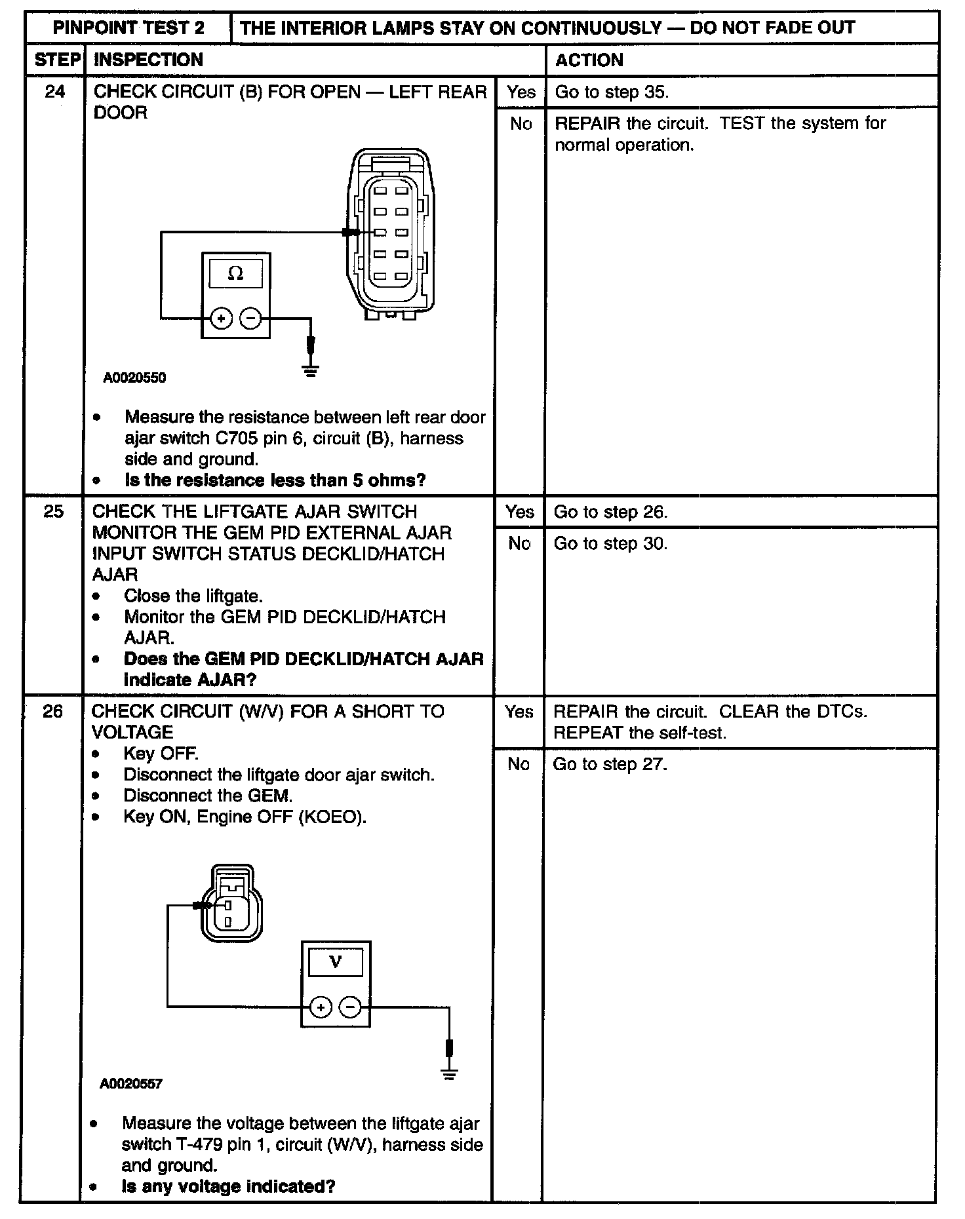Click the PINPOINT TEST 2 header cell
pyautogui.click(x=128, y=28)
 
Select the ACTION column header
pyautogui.click(x=589, y=60)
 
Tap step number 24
pyautogui.click(x=55, y=91)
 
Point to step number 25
pyautogui.click(x=54, y=511)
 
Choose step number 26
pyautogui.click(x=53, y=711)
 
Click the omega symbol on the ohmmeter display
pyautogui.click(x=235, y=274)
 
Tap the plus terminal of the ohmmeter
pyautogui.click(x=221, y=319)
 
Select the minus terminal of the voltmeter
pyautogui.click(x=351, y=1007)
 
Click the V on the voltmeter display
pyautogui.click(x=336, y=962)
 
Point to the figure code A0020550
pyautogui.click(x=134, y=378)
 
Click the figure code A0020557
pyautogui.click(x=131, y=1084)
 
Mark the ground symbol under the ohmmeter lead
pyautogui.click(x=311, y=371)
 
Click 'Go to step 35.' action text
pyautogui.click(x=612, y=92)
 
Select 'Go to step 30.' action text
pyautogui.click(x=610, y=543)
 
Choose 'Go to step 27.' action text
pyautogui.click(x=610, y=764)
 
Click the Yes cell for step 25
pyautogui.click(x=519, y=511)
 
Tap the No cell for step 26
pyautogui.click(x=518, y=764)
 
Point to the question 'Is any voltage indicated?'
pyautogui.click(x=228, y=1186)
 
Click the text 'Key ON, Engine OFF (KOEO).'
pyautogui.click(x=245, y=817)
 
